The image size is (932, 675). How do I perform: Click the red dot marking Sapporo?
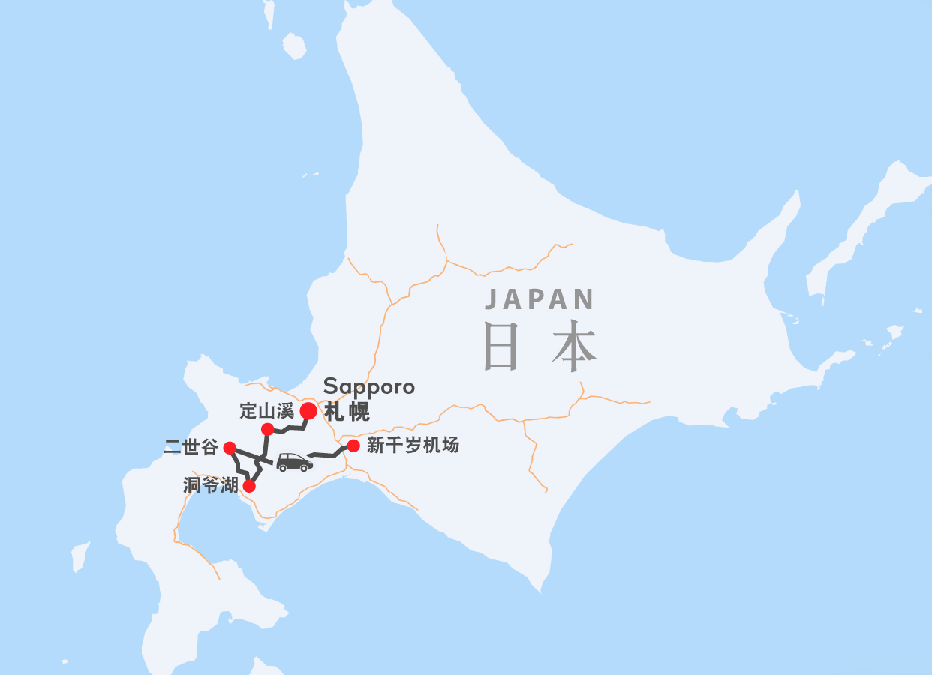(308, 411)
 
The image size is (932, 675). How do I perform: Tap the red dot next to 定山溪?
(267, 429)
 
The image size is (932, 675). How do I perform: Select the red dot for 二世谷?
(230, 448)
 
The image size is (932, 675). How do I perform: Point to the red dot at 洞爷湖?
(249, 486)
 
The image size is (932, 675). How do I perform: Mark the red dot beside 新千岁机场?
(353, 445)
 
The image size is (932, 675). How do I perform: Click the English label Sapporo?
(368, 387)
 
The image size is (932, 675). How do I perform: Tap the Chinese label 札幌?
(347, 412)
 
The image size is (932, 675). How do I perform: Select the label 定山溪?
(266, 411)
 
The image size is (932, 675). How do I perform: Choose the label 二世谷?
(191, 448)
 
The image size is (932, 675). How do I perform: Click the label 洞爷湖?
(210, 486)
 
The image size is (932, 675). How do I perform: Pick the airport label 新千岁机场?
(413, 445)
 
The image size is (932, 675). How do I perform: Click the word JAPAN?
(540, 299)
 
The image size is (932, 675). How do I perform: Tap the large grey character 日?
(501, 346)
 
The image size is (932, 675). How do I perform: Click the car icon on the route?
(294, 462)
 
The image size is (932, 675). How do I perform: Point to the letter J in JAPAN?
(491, 300)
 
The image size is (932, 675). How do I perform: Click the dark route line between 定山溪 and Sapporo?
(289, 427)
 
